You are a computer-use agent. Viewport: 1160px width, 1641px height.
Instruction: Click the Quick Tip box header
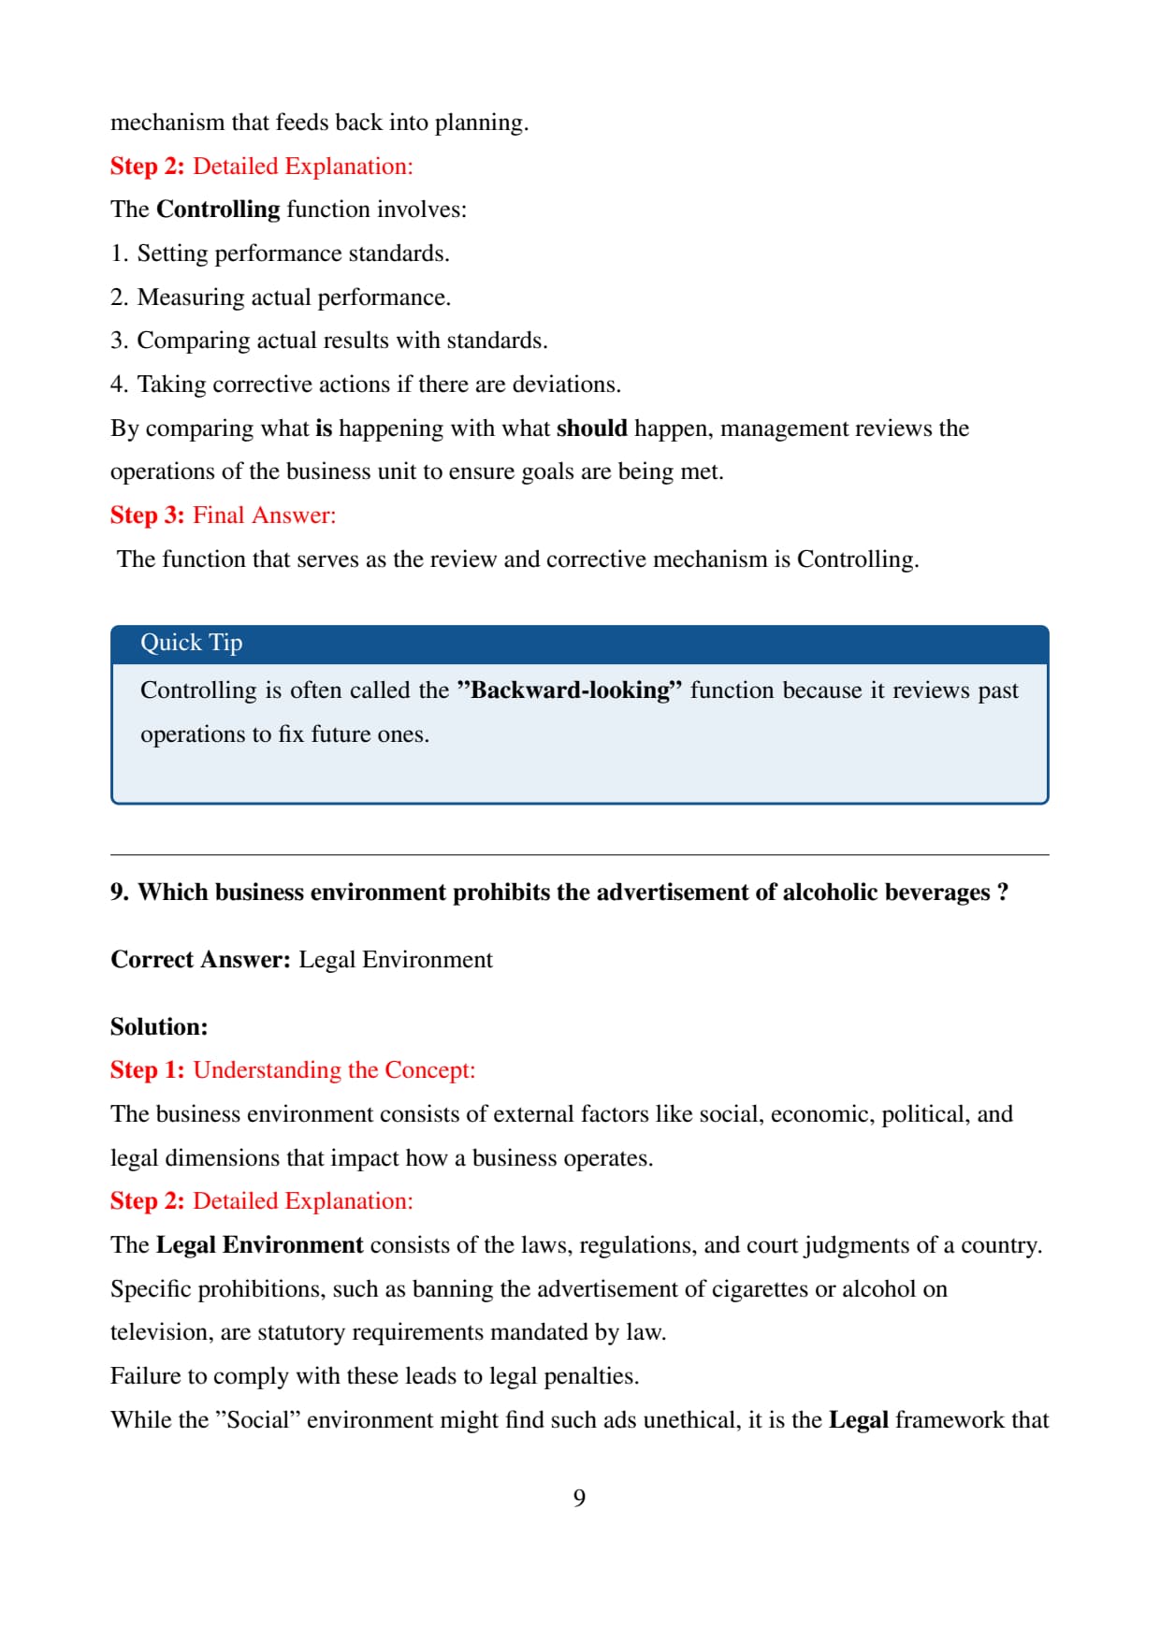(x=579, y=644)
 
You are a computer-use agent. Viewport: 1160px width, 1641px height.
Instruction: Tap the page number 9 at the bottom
(x=579, y=1498)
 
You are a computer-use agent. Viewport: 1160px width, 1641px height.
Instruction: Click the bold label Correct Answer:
(x=201, y=960)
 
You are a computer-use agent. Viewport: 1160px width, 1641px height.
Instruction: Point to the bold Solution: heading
(x=159, y=1026)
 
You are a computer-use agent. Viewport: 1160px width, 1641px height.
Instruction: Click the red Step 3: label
(x=147, y=516)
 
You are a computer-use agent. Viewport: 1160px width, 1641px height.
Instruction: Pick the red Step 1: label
(x=147, y=1070)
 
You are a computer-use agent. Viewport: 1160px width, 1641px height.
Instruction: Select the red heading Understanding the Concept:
(x=334, y=1070)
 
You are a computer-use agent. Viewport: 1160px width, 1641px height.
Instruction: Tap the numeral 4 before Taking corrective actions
(x=117, y=385)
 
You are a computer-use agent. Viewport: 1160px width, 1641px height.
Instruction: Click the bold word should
(x=591, y=428)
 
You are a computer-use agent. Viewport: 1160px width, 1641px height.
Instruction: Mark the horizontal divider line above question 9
(x=579, y=854)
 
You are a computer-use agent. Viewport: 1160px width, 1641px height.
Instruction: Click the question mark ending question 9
(x=1003, y=893)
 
